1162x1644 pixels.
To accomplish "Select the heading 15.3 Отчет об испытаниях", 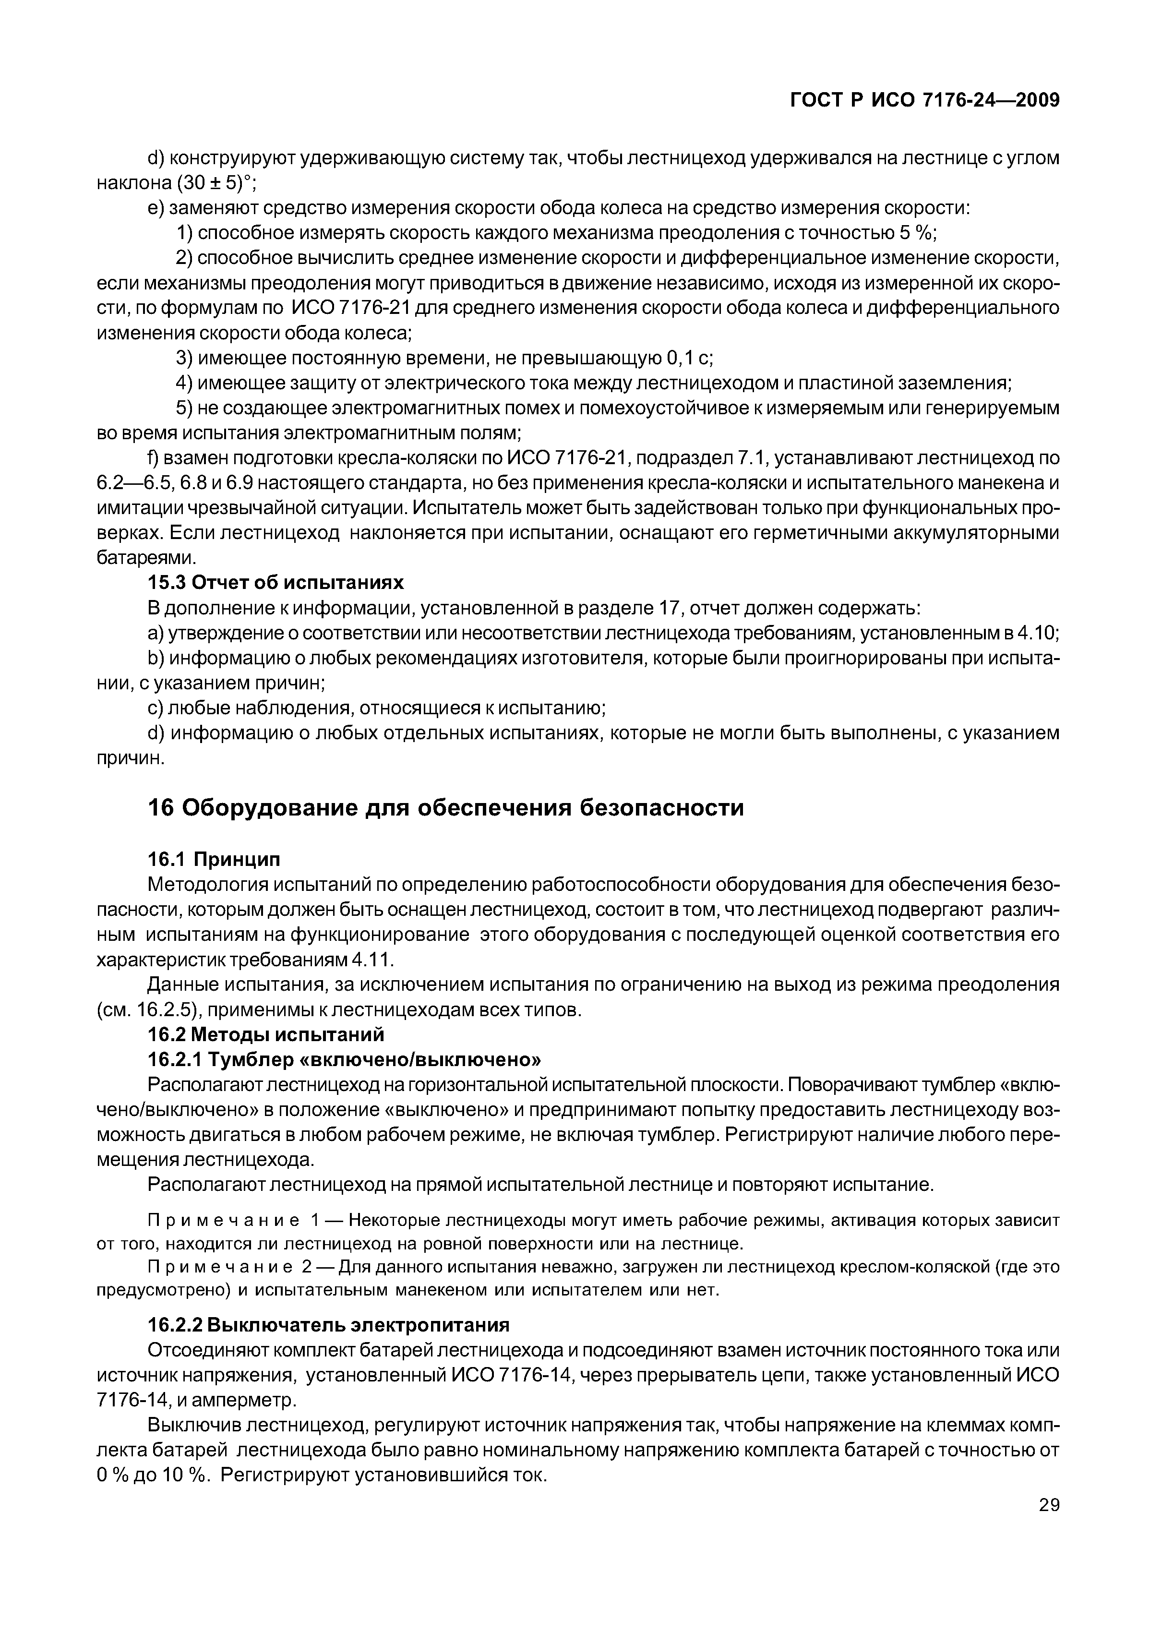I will tap(276, 582).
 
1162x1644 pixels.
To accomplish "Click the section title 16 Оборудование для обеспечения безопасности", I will tap(445, 808).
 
